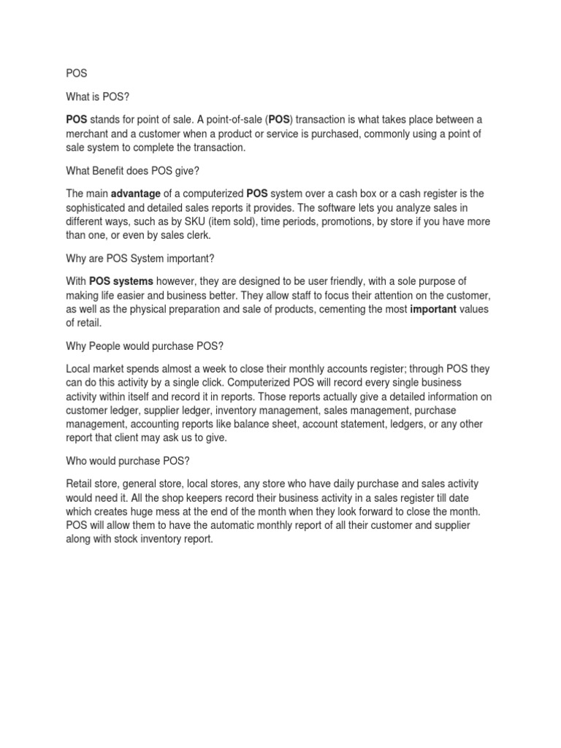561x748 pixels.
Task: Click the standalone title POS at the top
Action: [75, 73]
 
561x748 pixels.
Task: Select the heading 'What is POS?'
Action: [98, 96]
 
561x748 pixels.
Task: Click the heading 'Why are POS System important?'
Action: [141, 259]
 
